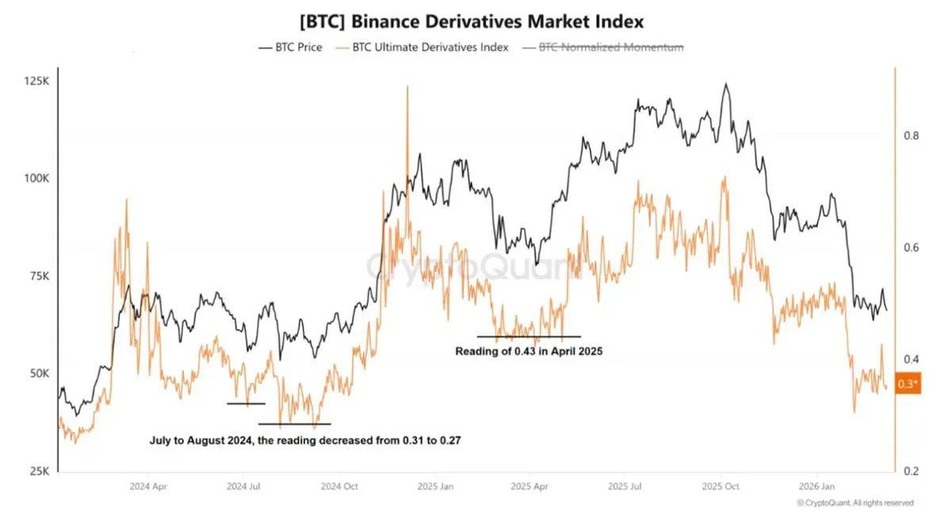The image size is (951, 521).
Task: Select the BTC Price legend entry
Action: tap(291, 48)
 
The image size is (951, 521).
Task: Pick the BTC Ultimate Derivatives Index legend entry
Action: tap(422, 48)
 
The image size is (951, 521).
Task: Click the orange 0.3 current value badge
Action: tap(908, 384)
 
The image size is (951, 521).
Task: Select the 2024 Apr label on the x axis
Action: tap(147, 485)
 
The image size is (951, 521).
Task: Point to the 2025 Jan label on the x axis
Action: tap(435, 485)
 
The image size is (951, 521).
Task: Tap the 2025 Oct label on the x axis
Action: tap(721, 485)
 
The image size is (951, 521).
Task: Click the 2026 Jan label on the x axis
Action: tap(817, 485)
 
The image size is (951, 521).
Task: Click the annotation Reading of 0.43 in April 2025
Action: tap(529, 351)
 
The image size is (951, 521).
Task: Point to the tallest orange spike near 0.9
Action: tap(407, 87)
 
